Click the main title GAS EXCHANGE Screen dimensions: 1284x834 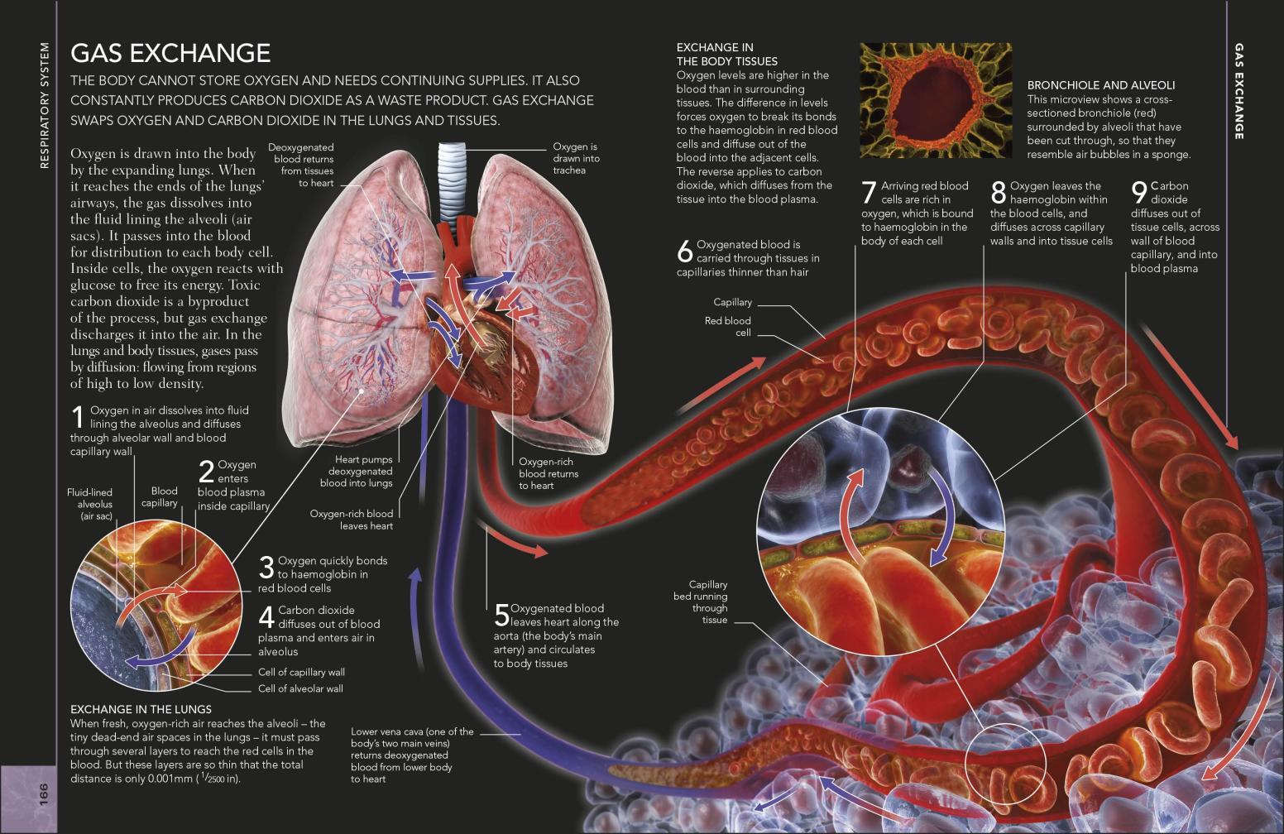[x=170, y=53]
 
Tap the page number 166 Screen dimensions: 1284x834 [x=44, y=795]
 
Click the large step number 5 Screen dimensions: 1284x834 [x=501, y=616]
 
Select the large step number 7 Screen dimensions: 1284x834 [x=870, y=193]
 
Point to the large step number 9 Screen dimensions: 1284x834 [x=1139, y=193]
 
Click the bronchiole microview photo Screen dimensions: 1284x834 [x=936, y=100]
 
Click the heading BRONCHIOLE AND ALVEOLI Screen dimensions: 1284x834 [x=1101, y=85]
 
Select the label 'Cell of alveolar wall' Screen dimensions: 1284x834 [x=300, y=688]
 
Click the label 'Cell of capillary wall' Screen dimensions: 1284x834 [x=301, y=672]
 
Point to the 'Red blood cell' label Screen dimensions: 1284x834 [x=727, y=327]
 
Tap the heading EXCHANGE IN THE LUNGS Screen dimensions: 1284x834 [x=141, y=709]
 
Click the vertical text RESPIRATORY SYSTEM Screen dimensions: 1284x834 [x=45, y=105]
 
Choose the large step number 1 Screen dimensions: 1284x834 [x=79, y=417]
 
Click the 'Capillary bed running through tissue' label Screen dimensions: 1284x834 [x=701, y=602]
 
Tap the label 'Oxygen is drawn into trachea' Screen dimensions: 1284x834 [x=576, y=159]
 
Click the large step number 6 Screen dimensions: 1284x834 [x=685, y=251]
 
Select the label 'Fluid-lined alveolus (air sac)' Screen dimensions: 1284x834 [x=90, y=505]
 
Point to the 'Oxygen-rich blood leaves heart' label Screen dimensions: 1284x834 [x=352, y=520]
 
